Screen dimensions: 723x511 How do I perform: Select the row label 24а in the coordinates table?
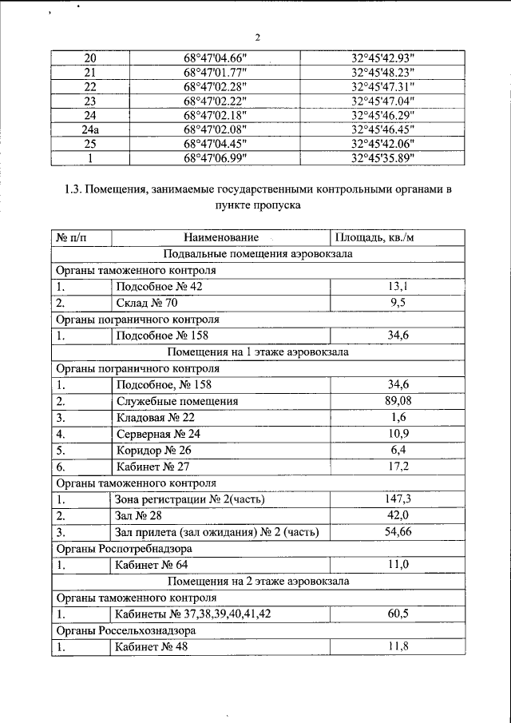click(x=90, y=129)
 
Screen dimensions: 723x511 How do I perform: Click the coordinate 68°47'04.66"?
click(x=216, y=58)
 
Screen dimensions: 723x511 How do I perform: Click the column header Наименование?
click(x=221, y=238)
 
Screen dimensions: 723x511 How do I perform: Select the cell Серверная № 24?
click(x=157, y=434)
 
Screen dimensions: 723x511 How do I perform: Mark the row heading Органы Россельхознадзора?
click(x=126, y=630)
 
